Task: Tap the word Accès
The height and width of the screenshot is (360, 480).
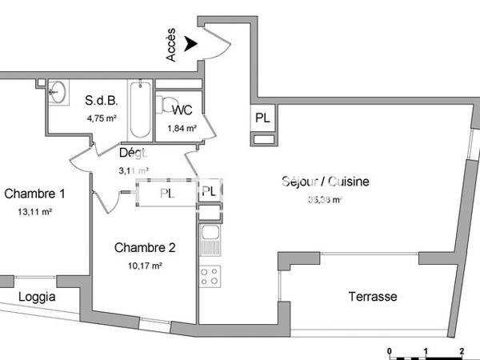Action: (x=172, y=46)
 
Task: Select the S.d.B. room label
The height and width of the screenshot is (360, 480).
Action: (x=102, y=101)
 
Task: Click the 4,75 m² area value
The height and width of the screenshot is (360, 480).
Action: (x=102, y=118)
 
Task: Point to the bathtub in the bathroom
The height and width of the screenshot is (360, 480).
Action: (x=141, y=109)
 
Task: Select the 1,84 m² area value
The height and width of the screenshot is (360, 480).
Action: (x=181, y=127)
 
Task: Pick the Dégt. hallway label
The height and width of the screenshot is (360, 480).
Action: (x=134, y=153)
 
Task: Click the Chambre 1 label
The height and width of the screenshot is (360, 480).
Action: (x=34, y=194)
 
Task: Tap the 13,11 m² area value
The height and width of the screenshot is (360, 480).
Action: (x=35, y=211)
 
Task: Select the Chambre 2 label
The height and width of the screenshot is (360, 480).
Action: (x=144, y=247)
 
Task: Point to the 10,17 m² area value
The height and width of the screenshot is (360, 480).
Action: (x=145, y=265)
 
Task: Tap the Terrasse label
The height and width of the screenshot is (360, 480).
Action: (x=372, y=297)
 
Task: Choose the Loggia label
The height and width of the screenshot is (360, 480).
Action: (x=37, y=297)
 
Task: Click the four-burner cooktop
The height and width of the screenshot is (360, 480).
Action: (x=210, y=276)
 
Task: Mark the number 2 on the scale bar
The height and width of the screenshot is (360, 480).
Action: (x=462, y=351)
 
